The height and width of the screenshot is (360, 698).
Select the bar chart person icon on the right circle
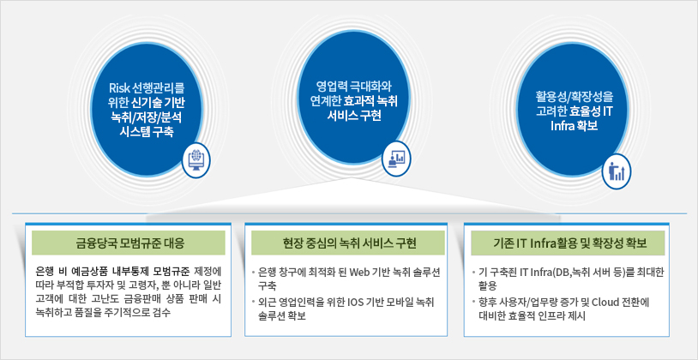617,171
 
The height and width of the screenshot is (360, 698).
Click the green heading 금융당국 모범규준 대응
129,243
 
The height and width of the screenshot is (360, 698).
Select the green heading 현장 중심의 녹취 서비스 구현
349,243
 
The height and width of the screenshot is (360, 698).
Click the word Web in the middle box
360,272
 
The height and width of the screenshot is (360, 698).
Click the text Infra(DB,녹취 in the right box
553,272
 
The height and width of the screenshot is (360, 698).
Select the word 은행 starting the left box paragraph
45,271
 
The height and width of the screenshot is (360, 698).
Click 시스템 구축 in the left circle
147,132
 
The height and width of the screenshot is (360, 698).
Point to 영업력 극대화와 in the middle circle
354,85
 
